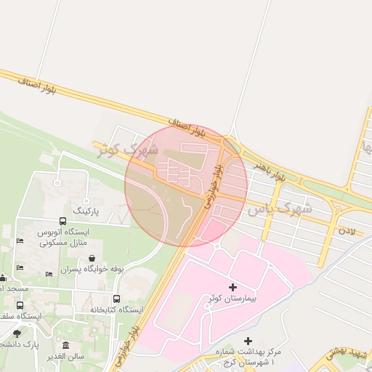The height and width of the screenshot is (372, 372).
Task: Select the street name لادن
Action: click(347, 230)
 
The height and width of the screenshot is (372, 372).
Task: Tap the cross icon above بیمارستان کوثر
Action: click(232, 288)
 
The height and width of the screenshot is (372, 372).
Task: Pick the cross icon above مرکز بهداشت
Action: click(248, 341)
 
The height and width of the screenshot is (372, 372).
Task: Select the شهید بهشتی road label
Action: click(347, 353)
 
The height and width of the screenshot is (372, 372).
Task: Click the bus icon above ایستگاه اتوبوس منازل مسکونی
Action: click(62, 222)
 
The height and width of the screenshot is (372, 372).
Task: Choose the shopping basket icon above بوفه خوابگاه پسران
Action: click(92, 258)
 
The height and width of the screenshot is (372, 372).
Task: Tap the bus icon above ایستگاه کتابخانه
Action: click(116, 299)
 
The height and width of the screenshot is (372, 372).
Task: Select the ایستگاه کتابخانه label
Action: click(116, 310)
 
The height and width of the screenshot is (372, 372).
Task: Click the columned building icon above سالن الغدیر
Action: click(66, 345)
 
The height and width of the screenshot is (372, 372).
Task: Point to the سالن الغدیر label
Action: click(66, 356)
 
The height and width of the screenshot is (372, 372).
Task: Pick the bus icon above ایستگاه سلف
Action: click(20, 306)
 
